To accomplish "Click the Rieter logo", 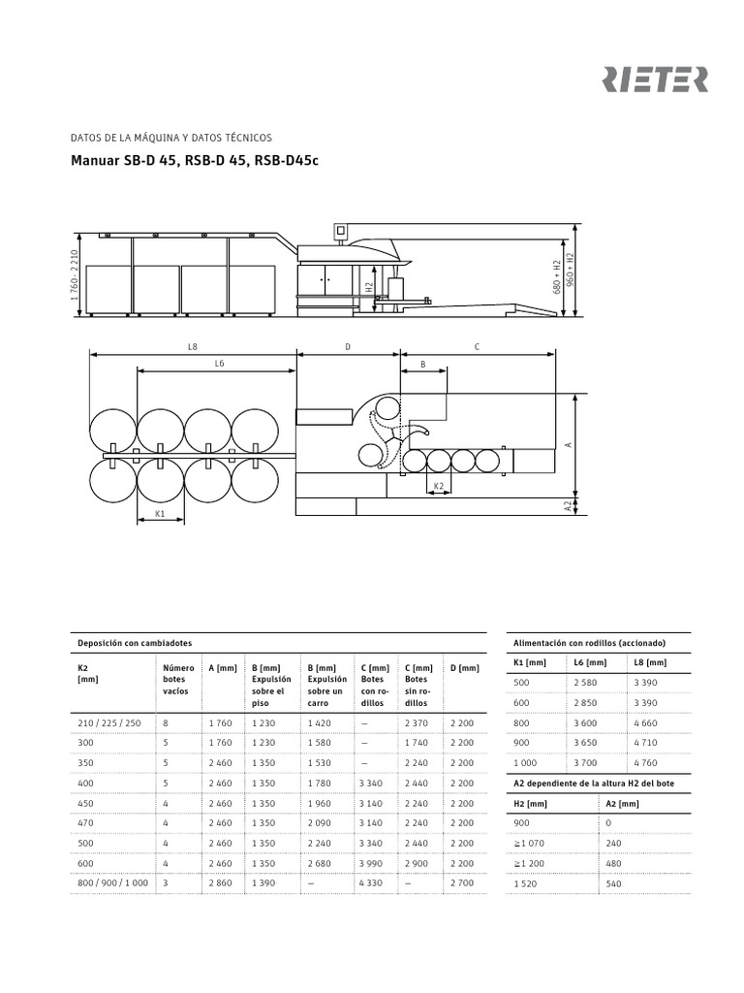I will (x=656, y=80).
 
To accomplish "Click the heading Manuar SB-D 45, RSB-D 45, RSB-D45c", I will (x=195, y=161).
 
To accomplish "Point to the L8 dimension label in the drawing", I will (x=193, y=345).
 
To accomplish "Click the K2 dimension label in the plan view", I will (x=439, y=485).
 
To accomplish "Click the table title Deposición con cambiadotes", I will (x=135, y=643).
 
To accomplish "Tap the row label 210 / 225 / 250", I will (x=108, y=722).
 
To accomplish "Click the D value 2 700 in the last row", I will (x=462, y=883).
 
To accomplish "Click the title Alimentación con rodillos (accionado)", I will (x=588, y=643).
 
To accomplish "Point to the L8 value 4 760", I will (x=646, y=762).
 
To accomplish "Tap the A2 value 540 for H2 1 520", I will (x=615, y=883).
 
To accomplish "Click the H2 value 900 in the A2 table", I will (x=521, y=822).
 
